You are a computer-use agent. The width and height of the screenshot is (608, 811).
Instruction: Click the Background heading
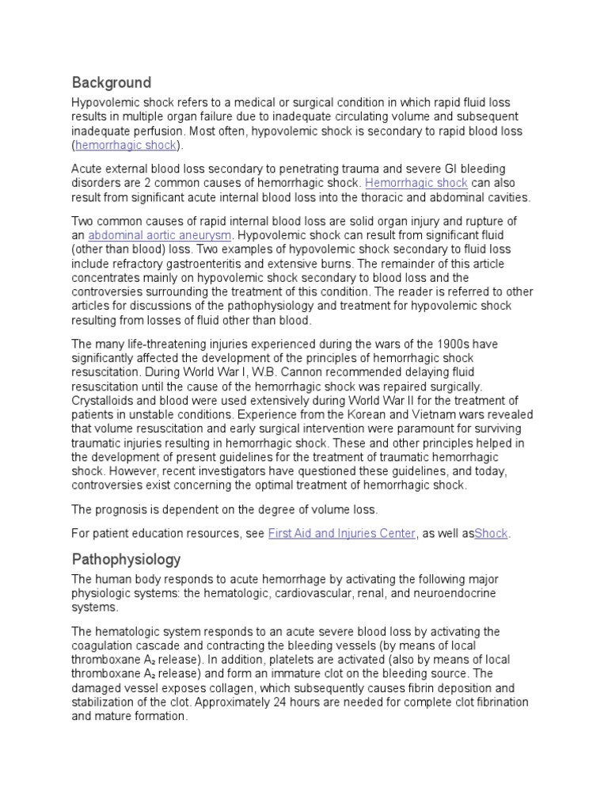(x=111, y=82)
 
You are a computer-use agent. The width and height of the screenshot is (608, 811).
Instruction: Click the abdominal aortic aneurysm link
(x=160, y=236)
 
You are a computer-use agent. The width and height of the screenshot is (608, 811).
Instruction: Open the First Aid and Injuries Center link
(x=342, y=534)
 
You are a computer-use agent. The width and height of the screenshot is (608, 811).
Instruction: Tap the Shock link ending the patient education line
(x=491, y=534)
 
